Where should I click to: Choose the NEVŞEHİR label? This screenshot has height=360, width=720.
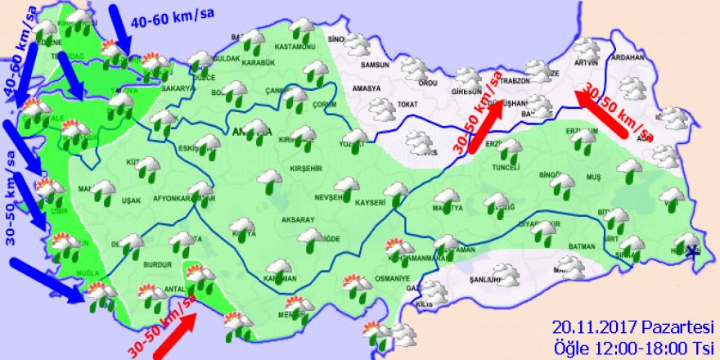point(337,199)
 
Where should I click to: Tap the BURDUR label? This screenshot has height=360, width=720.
point(153,266)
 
